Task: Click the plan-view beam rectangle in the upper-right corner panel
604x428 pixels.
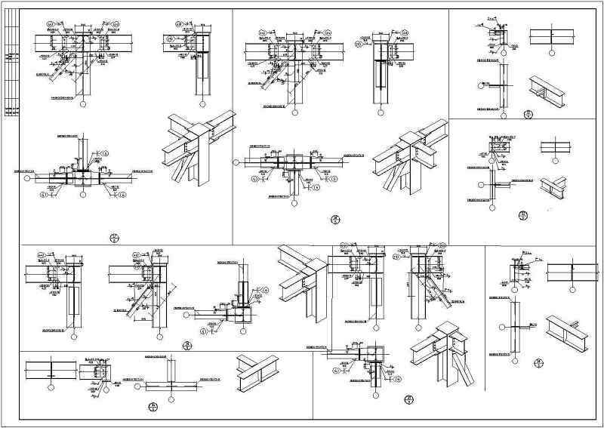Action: coord(552,35)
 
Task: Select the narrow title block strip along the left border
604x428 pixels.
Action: coord(11,75)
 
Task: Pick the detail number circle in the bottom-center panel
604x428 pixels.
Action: coord(408,399)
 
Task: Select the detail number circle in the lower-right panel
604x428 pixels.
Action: coord(537,365)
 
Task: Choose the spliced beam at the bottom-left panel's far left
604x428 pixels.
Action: coord(50,370)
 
